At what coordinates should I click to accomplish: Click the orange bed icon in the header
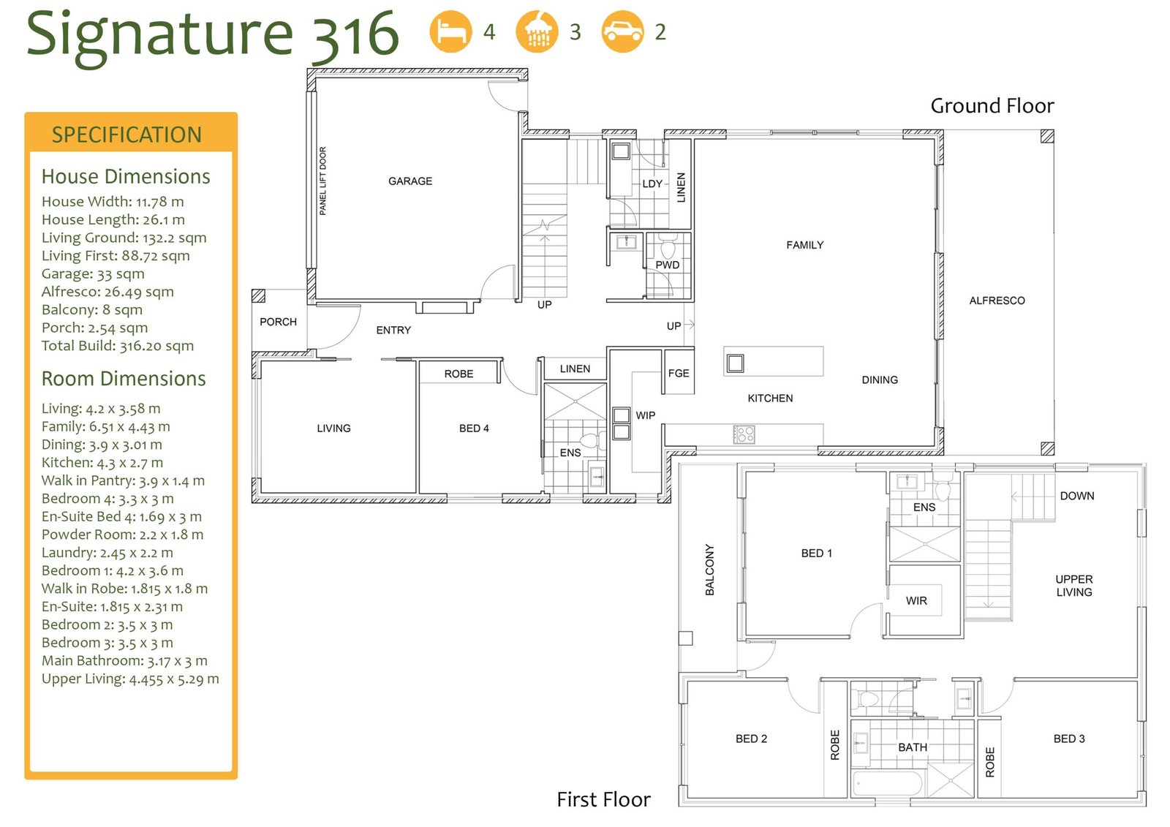click(450, 31)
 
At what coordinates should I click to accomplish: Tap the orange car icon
click(622, 31)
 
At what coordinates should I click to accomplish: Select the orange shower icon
click(537, 31)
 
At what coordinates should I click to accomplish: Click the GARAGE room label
click(410, 181)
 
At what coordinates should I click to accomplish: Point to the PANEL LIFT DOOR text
click(322, 181)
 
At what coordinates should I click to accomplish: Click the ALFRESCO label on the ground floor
click(997, 301)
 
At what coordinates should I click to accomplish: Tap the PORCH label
click(278, 322)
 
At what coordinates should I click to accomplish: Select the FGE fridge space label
click(679, 373)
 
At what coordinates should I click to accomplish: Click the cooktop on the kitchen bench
click(744, 434)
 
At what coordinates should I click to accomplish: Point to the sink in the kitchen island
click(735, 363)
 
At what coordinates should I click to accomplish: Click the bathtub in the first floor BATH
click(888, 784)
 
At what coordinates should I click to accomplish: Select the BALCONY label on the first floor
click(709, 570)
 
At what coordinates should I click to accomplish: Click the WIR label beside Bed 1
click(916, 601)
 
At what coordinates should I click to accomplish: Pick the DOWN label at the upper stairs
click(1077, 496)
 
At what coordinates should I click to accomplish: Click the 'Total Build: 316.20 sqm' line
click(118, 346)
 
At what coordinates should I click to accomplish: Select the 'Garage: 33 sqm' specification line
click(93, 273)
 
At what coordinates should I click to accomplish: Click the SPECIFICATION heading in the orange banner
click(127, 135)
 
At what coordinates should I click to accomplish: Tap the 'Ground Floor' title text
click(992, 105)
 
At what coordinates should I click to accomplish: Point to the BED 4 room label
click(474, 428)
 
